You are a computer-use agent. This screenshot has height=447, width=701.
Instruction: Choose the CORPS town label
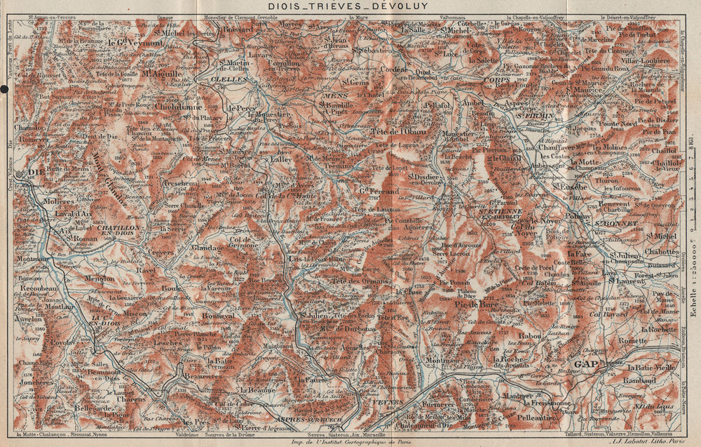(496, 80)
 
